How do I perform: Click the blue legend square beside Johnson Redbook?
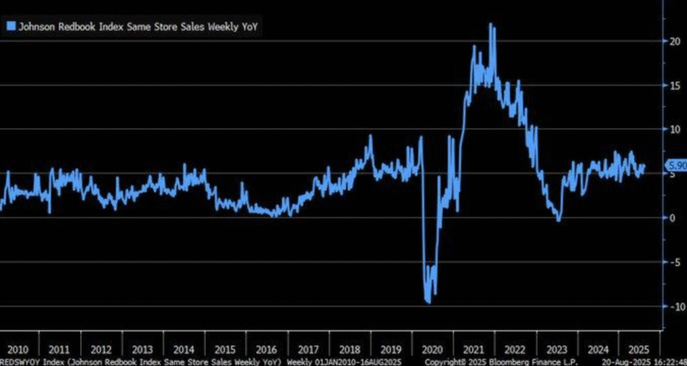(x=11, y=26)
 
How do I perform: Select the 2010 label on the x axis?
(x=17, y=349)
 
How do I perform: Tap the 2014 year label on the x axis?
(x=184, y=349)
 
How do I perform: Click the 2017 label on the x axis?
(x=309, y=349)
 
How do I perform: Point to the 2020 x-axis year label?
(x=433, y=349)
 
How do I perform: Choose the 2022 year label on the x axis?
(x=515, y=349)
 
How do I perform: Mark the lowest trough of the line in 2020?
(x=428, y=303)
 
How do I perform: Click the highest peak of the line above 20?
(x=491, y=24)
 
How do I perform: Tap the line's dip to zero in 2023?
(x=558, y=220)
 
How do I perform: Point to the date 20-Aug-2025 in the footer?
(x=623, y=361)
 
